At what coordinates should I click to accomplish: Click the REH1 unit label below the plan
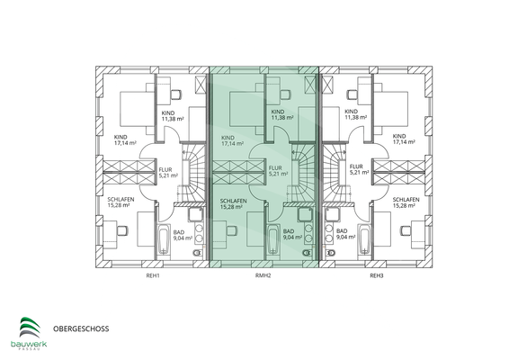[153, 275]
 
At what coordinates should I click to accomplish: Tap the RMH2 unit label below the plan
[263, 275]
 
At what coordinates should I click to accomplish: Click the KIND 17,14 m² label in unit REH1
[122, 140]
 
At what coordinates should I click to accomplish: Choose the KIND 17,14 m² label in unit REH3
[404, 140]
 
